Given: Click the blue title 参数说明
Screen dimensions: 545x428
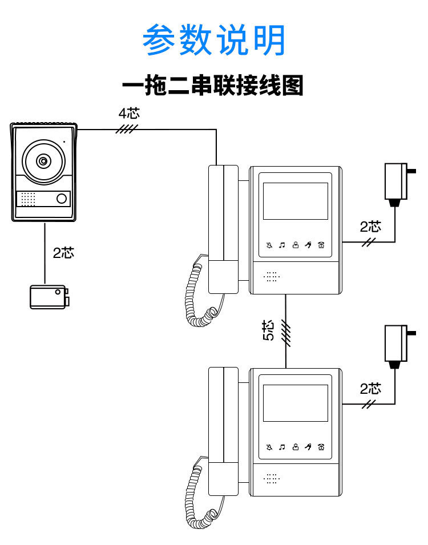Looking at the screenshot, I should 214,41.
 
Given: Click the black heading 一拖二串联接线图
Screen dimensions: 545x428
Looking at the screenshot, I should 213,86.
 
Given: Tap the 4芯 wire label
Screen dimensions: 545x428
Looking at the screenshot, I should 128,112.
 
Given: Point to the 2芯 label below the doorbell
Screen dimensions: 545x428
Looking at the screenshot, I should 63,253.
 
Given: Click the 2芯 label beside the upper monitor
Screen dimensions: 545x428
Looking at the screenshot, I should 370,227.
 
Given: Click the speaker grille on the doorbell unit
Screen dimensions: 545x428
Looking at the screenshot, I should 28,199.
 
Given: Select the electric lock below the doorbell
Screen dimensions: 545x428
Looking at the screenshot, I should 49,297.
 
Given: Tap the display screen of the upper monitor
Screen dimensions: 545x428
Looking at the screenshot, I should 295,201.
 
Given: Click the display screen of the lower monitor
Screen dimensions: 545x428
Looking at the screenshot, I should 295,403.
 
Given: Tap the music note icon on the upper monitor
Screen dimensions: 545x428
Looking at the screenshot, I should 282,246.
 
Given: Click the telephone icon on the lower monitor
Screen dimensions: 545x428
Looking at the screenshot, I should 322,447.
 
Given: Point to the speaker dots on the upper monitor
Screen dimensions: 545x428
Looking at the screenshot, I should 272,277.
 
